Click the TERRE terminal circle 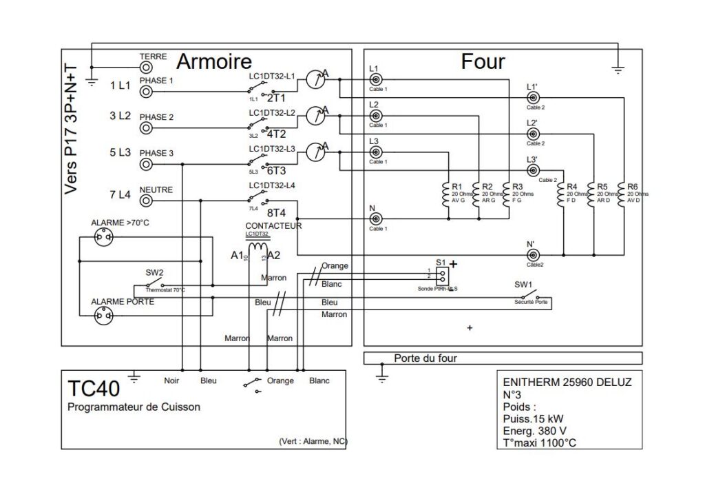pos(146,67)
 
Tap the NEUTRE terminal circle pos(146,200)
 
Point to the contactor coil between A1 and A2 pos(258,247)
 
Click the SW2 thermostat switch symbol pos(155,283)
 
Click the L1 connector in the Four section pos(376,79)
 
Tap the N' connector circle pos(532,254)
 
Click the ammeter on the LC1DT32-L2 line pos(313,116)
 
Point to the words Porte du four pos(425,358)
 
